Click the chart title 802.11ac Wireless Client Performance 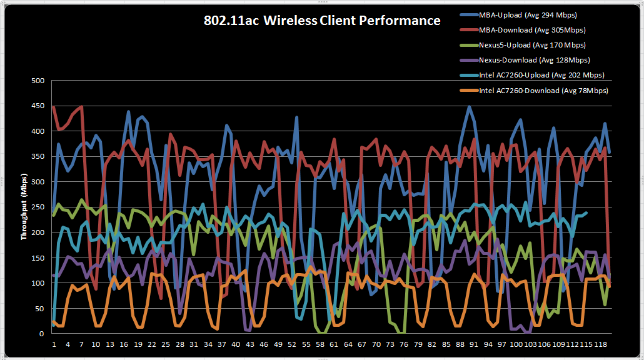(322, 21)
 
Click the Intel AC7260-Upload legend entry (541, 75)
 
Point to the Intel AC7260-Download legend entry (543, 91)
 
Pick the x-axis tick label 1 (54, 344)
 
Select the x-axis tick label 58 (319, 344)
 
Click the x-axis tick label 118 (599, 344)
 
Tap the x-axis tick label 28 (179, 344)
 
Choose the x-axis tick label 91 (473, 344)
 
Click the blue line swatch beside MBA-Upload (467, 15)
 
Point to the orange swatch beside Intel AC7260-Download (467, 91)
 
